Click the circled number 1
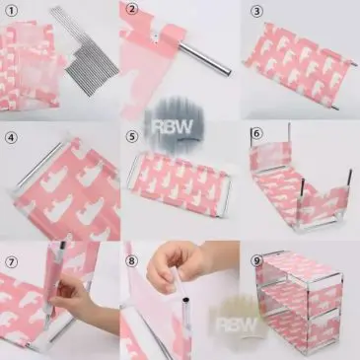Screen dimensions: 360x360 point(11,12)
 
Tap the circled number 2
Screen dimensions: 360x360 point(132,10)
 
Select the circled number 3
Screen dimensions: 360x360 point(256,11)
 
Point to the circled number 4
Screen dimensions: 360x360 point(11,137)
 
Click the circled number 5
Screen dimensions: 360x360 point(132,136)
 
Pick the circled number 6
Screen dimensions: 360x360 point(256,133)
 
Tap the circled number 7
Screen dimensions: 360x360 point(11,262)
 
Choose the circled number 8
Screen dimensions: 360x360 point(132,261)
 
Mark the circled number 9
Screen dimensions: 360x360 point(256,260)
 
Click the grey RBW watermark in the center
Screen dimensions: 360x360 point(174,126)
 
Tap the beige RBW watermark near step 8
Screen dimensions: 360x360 point(237,324)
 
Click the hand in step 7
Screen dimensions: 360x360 point(82,304)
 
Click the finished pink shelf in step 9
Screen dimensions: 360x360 point(300,303)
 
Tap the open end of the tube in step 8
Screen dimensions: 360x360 point(186,300)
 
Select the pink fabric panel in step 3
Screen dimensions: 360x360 point(299,65)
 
